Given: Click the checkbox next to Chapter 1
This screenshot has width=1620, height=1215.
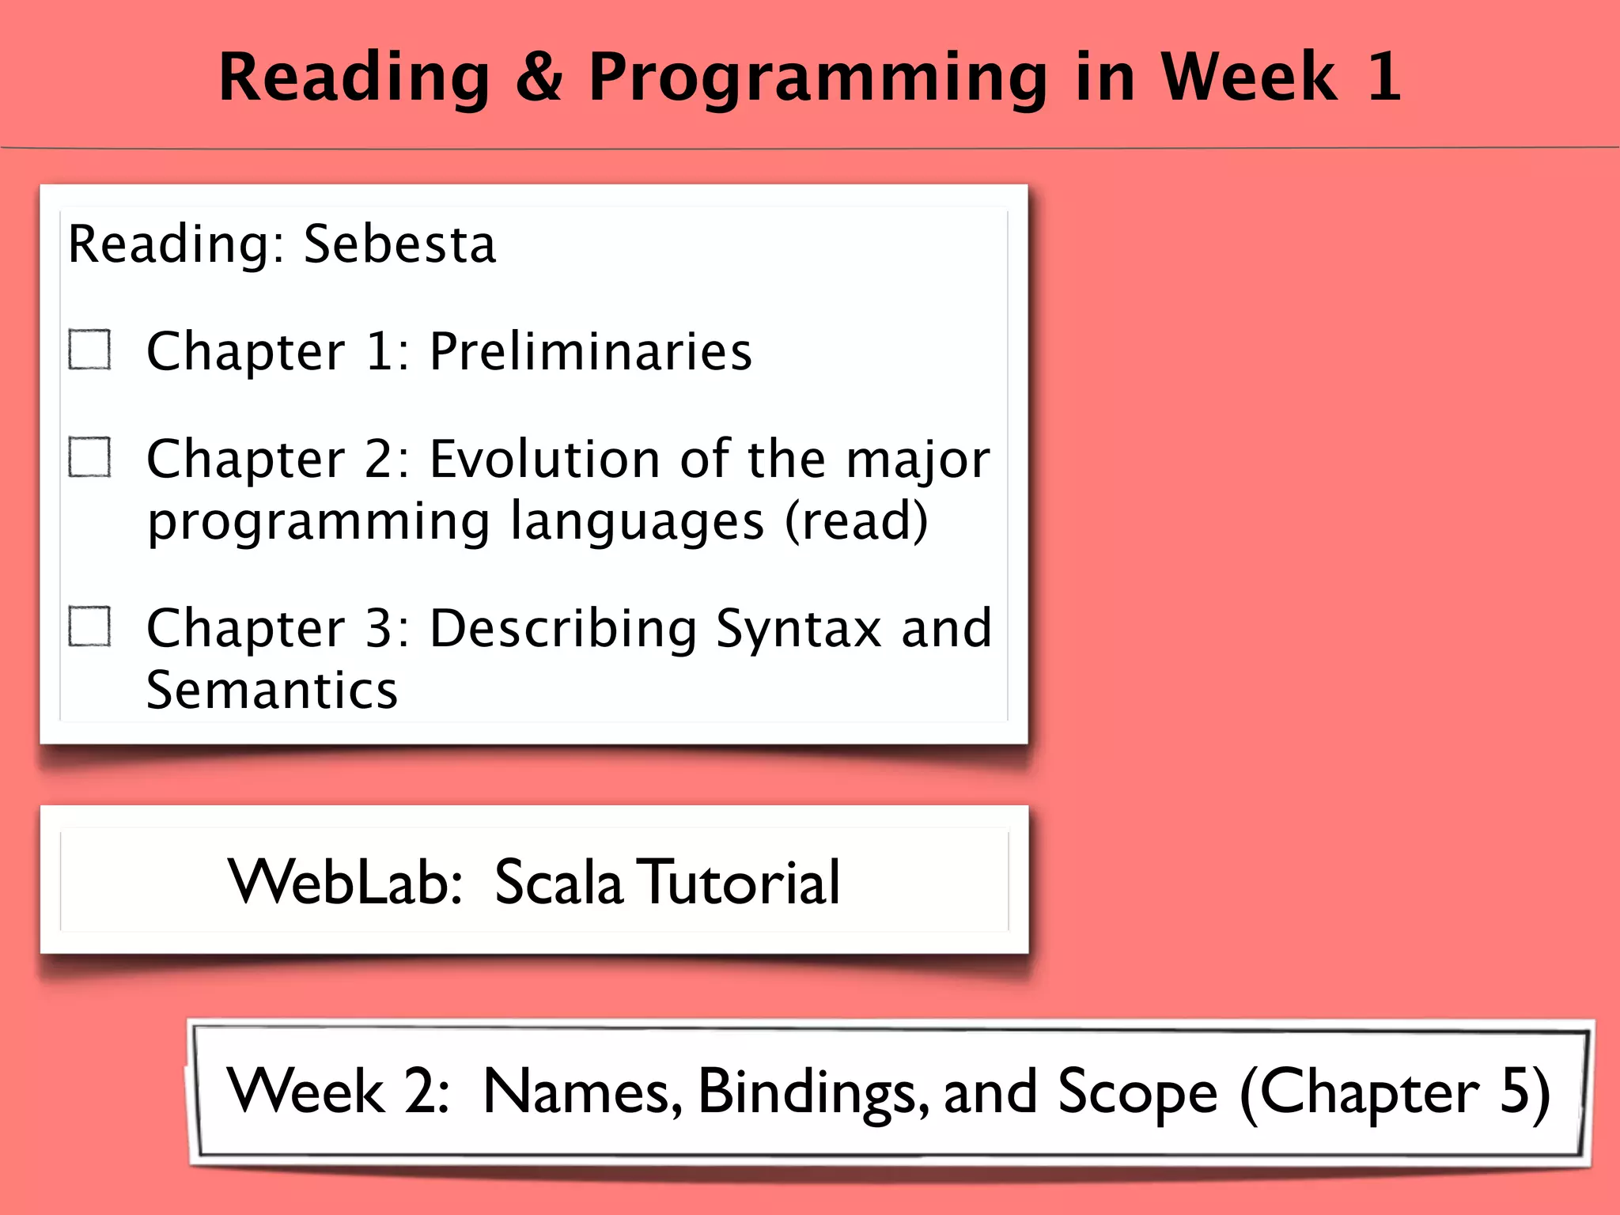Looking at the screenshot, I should click(89, 350).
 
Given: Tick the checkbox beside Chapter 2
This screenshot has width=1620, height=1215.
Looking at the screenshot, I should click(89, 457).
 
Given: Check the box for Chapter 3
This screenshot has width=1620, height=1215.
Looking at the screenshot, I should click(89, 626).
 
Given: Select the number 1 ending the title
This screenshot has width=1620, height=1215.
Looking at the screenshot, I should click(1383, 77).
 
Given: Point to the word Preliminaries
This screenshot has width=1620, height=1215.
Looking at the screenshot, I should click(590, 351).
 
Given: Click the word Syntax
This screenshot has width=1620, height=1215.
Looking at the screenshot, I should click(798, 630).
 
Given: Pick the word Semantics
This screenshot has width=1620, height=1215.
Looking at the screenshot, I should click(271, 690).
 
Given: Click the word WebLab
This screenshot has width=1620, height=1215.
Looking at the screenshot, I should click(343, 882).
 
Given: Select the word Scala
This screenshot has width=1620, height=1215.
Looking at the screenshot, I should click(558, 882).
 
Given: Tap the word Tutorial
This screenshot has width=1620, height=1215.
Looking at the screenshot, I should click(740, 882).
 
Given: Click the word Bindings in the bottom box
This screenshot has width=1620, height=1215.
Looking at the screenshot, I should click(812, 1092).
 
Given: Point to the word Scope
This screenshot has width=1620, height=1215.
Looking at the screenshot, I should click(1137, 1092).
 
